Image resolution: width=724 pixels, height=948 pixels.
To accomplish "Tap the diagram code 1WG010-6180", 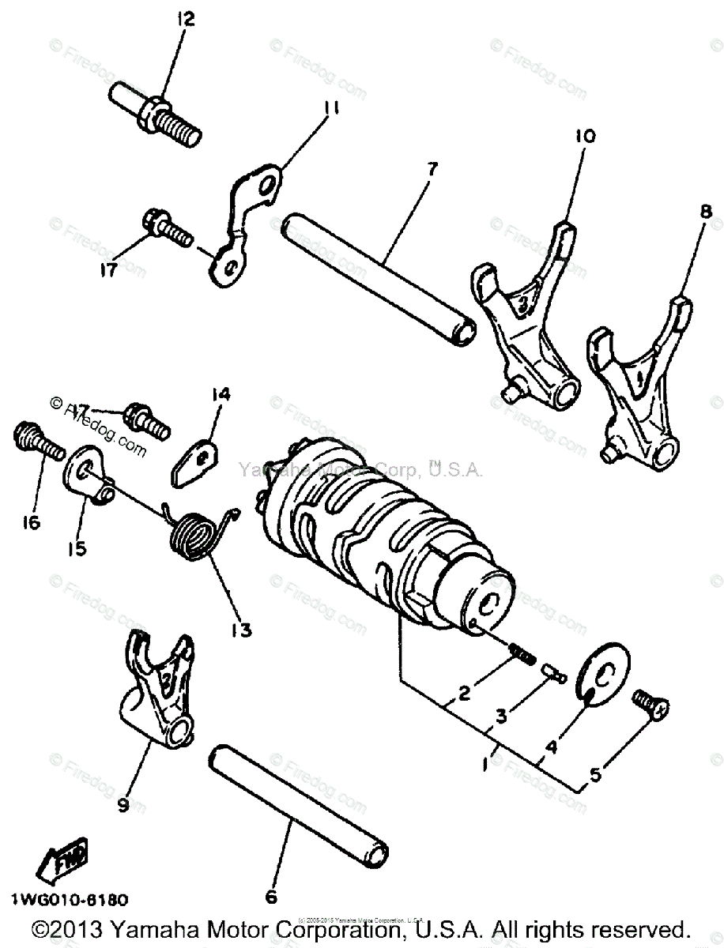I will pyautogui.click(x=70, y=900).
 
